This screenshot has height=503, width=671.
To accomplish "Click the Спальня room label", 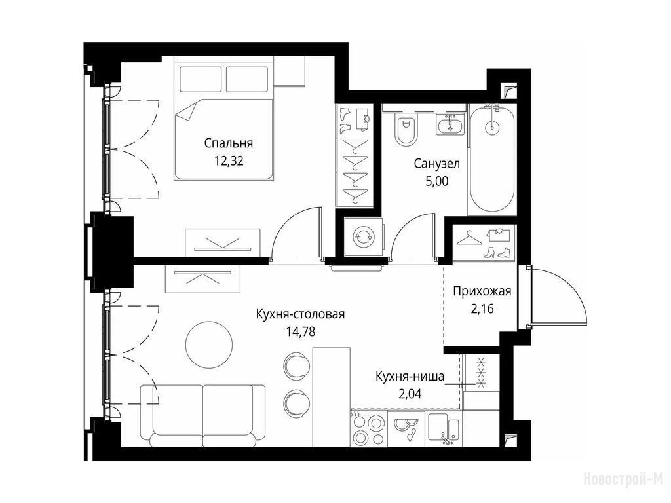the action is click(x=229, y=143).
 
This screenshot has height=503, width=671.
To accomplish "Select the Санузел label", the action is click(x=437, y=163).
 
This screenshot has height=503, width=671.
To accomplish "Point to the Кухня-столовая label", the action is click(x=300, y=314).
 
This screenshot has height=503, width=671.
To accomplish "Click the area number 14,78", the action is click(x=301, y=331).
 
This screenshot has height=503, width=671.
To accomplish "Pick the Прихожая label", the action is click(x=482, y=291).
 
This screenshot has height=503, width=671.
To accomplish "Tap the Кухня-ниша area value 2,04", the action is click(x=410, y=394).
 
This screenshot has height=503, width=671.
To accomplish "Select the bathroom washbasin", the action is click(x=450, y=124).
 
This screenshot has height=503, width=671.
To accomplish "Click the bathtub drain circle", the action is click(x=492, y=126).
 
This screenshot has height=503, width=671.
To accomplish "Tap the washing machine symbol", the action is click(x=364, y=236).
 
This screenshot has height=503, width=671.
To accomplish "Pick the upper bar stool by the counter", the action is click(x=296, y=365).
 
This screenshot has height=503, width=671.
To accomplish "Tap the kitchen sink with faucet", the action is click(x=445, y=429).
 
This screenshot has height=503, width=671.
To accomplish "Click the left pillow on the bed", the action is click(x=201, y=79).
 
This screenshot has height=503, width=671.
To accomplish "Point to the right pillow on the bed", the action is click(x=247, y=79).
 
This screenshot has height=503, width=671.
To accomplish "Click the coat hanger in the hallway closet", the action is click(x=469, y=238).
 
